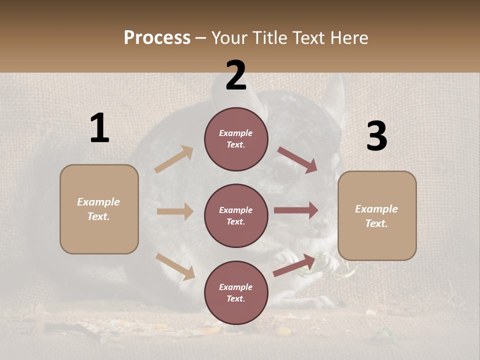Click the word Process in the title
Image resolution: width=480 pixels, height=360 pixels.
pyautogui.click(x=157, y=38)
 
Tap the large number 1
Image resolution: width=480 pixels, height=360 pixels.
pyautogui.click(x=99, y=128)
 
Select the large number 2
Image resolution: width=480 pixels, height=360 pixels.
pyautogui.click(x=236, y=75)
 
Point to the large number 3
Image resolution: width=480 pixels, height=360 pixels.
pyautogui.click(x=376, y=136)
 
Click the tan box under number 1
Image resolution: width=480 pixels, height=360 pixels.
pyautogui.click(x=99, y=209)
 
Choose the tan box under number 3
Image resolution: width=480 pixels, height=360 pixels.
pyautogui.click(x=377, y=216)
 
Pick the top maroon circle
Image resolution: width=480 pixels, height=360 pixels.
pyautogui.click(x=236, y=139)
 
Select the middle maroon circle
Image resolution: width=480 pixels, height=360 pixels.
pyautogui.click(x=236, y=215)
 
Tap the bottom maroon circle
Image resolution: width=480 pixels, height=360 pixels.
pyautogui.click(x=236, y=292)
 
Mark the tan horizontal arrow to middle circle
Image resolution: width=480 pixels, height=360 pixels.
pyautogui.click(x=175, y=211)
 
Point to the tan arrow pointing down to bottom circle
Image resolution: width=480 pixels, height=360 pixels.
pyautogui.click(x=175, y=266)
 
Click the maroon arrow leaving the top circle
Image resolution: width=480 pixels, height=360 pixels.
pyautogui.click(x=297, y=160)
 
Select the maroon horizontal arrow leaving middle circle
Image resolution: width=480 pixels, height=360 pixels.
pyautogui.click(x=296, y=210)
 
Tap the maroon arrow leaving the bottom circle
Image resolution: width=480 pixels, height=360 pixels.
pyautogui.click(x=294, y=265)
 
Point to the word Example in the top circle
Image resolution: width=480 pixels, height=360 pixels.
pyautogui.click(x=236, y=133)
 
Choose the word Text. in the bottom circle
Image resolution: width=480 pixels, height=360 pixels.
pyautogui.click(x=236, y=299)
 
